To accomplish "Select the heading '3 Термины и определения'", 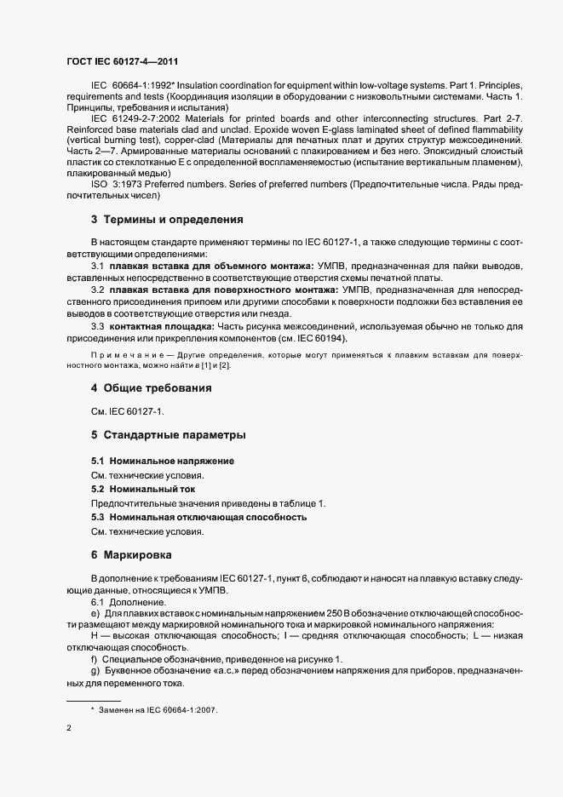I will coord(156,220).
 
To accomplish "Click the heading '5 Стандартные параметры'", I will coord(155,435).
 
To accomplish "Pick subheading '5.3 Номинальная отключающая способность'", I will coord(198,518).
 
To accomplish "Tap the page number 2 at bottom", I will coord(68,728).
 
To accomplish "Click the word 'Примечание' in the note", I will coord(121,353).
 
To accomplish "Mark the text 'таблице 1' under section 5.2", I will coord(302,504).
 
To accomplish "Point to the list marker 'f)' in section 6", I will coord(95,660).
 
